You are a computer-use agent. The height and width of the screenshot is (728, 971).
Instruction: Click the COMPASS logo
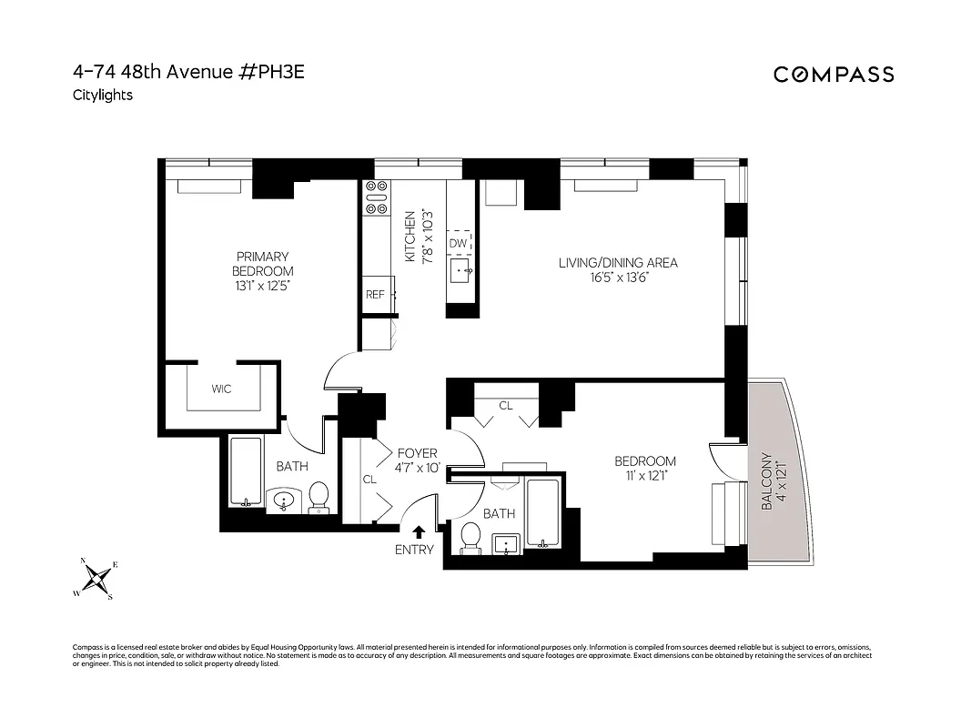pyautogui.click(x=834, y=75)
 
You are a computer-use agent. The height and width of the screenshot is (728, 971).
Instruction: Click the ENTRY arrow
pyautogui.click(x=420, y=532)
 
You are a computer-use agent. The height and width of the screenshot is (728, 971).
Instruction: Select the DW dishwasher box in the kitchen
pyautogui.click(x=459, y=243)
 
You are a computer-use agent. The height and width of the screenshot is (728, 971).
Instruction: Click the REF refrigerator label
pyautogui.click(x=375, y=294)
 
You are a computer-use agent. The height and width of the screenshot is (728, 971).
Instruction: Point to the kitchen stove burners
pyautogui.click(x=375, y=197)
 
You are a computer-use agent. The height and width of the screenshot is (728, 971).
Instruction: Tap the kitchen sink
pyautogui.click(x=460, y=269)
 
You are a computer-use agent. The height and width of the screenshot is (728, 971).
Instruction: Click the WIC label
pyautogui.click(x=221, y=389)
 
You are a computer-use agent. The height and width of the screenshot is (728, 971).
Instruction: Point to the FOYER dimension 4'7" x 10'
pyautogui.click(x=418, y=468)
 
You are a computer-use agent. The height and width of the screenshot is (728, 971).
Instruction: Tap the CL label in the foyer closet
pyautogui.click(x=369, y=479)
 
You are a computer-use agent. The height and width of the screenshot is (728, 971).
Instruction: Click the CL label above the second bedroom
pyautogui.click(x=506, y=405)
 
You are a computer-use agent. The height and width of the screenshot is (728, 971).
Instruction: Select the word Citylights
pyautogui.click(x=102, y=95)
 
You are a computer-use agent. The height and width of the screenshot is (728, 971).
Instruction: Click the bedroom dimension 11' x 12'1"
pyautogui.click(x=644, y=476)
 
